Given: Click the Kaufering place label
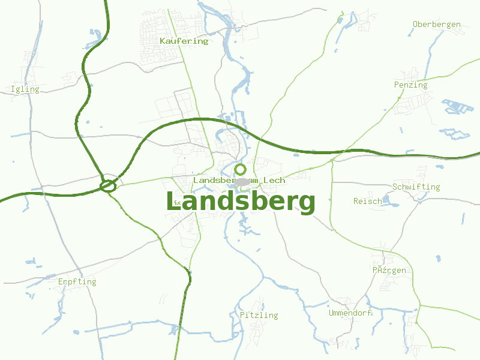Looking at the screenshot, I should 184,41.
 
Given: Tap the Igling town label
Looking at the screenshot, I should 25,89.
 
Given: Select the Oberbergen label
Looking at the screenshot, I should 437,25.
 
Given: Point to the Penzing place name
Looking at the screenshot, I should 411,85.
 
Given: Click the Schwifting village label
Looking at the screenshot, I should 416,187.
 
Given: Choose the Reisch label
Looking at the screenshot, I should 367,201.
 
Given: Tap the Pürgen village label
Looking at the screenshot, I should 389,270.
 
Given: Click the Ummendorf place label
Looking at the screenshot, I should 350,313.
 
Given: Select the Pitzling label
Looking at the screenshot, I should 259,315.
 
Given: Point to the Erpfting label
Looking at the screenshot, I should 77,281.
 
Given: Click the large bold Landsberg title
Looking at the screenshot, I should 241,203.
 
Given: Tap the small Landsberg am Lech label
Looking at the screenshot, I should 239,180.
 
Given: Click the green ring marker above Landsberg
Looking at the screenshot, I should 241,169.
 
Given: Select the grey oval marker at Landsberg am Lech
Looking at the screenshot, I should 242,181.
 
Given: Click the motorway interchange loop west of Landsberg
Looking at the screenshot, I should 108,186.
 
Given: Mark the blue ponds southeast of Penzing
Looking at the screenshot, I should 457,107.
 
